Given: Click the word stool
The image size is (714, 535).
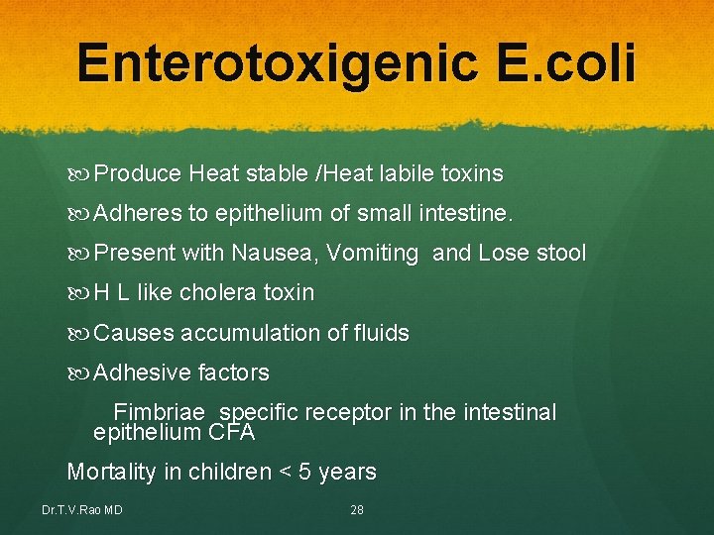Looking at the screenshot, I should [561, 254].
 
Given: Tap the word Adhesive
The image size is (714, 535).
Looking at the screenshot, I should [143, 373].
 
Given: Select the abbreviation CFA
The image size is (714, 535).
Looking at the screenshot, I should [232, 433].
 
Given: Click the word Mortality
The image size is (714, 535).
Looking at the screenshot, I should [111, 473].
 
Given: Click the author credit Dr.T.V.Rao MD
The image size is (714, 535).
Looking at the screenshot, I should [82, 510].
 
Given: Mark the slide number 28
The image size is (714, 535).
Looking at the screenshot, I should [357, 510].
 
